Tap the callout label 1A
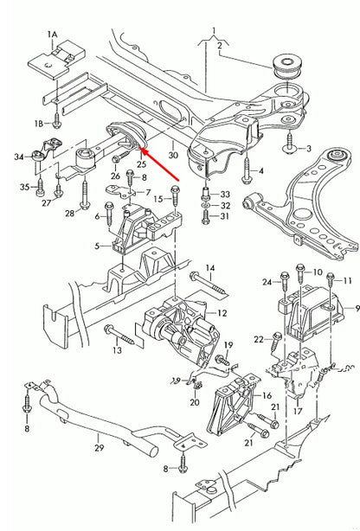coord(52,35)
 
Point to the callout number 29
coord(98,447)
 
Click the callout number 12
coord(222,314)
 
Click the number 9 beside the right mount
coord(356,309)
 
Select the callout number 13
coord(116,353)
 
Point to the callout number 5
coord(99,248)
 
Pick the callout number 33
coord(225,194)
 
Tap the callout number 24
coord(267,282)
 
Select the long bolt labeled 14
coord(203,277)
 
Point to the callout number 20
coord(195,402)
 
